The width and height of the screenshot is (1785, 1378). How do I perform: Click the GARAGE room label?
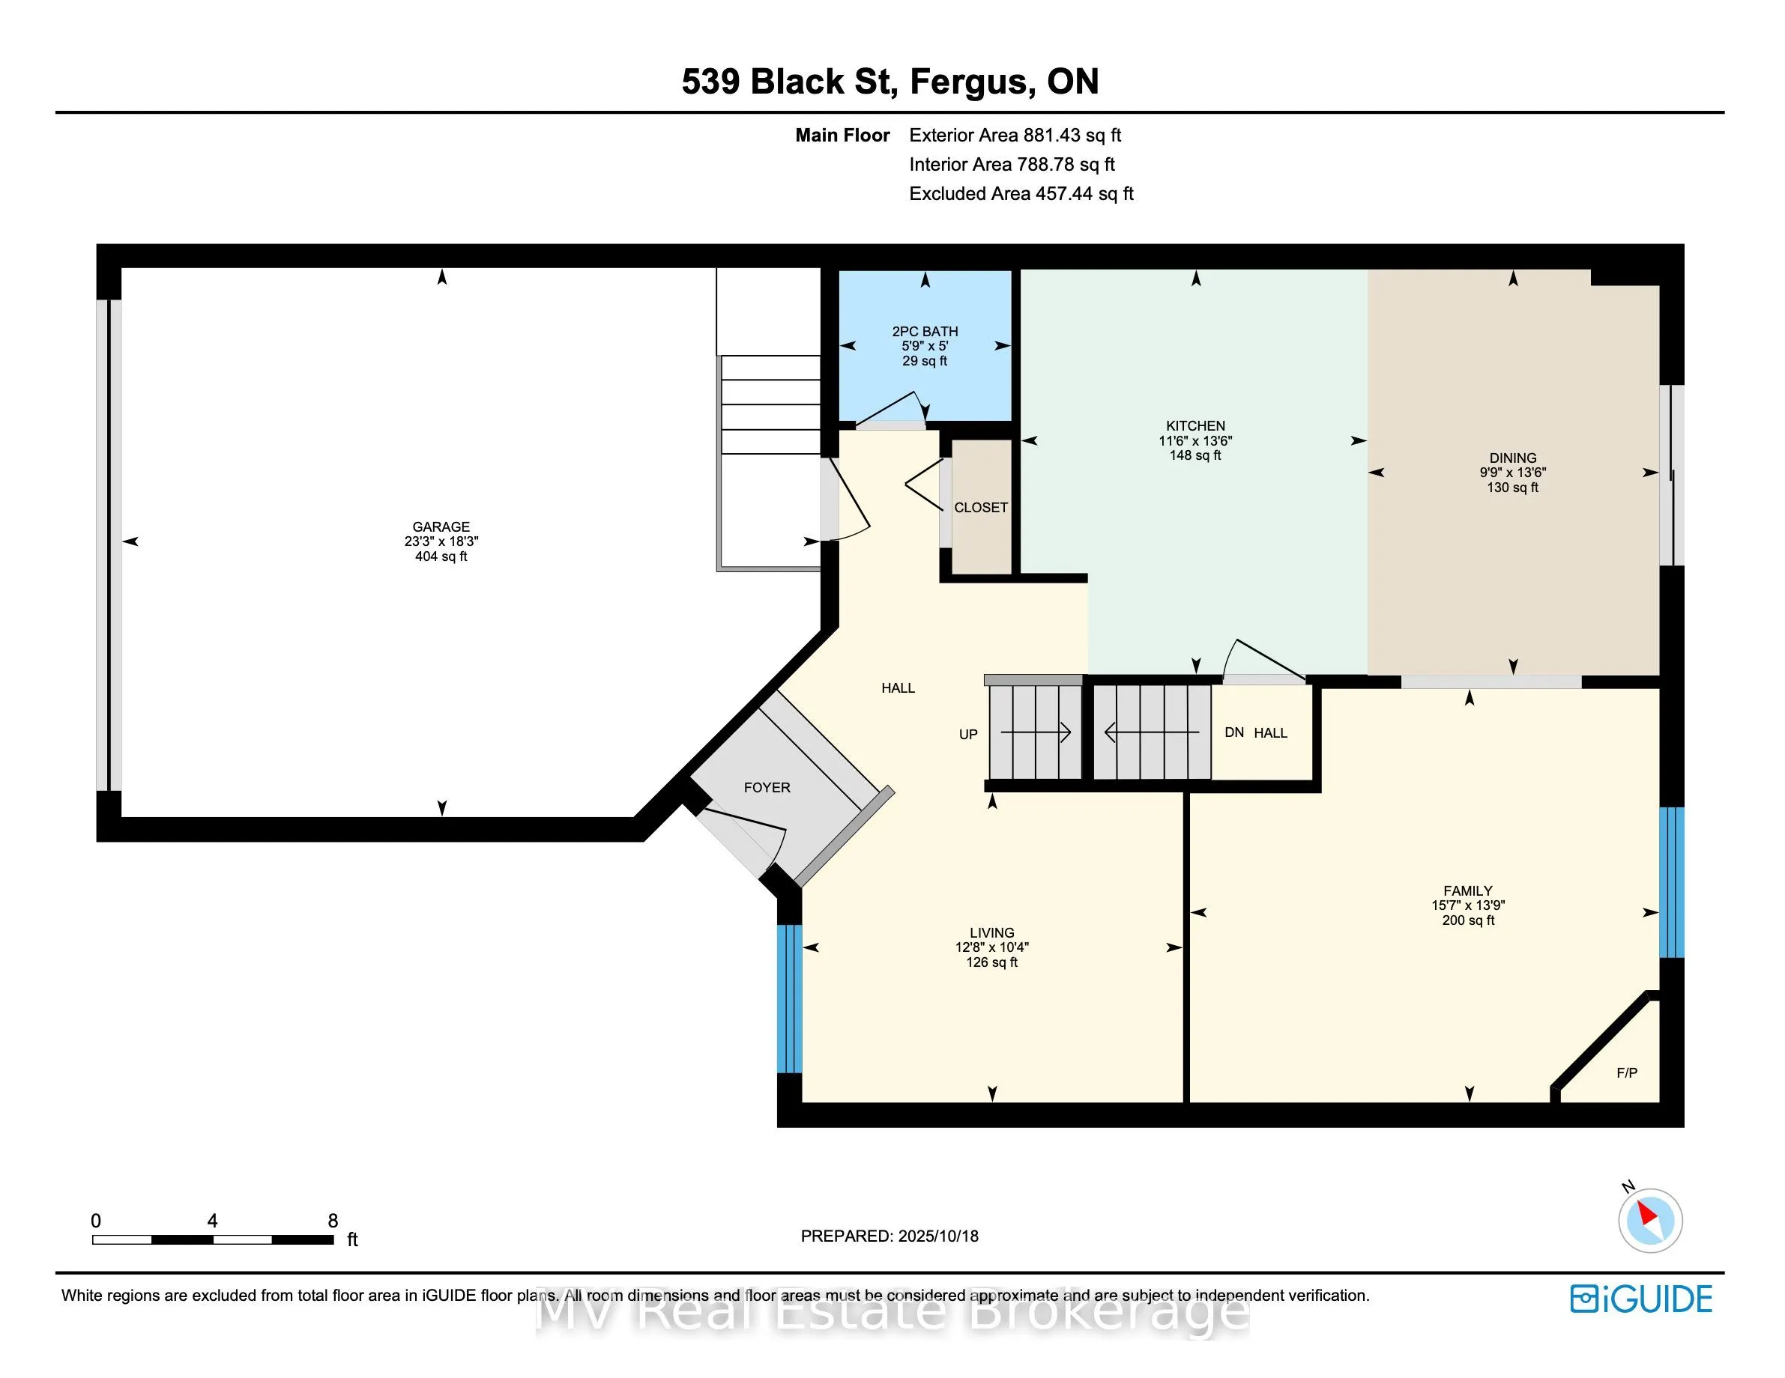coord(441,526)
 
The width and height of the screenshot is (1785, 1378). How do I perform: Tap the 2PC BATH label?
coord(925,331)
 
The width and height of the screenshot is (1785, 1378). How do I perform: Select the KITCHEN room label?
coord(1195,425)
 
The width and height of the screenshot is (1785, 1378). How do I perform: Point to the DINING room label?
coord(1512,458)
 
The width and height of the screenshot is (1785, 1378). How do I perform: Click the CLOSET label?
coord(981,507)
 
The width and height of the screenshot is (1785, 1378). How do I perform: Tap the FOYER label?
coord(767,787)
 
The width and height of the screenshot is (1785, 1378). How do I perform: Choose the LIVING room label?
coord(991,933)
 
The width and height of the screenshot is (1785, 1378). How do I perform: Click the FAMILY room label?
coord(1468,891)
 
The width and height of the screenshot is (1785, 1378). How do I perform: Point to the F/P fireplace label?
coord(1626,1072)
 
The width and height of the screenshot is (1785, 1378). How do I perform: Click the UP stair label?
coord(967,735)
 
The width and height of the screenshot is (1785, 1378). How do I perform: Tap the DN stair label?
coord(1234,732)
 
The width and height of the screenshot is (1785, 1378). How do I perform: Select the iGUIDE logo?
coord(1640,1299)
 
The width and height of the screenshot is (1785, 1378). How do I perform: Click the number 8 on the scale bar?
coord(333,1220)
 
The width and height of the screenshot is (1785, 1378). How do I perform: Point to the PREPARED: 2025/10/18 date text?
coord(890,1236)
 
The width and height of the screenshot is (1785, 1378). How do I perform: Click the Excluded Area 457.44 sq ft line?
coord(1021,193)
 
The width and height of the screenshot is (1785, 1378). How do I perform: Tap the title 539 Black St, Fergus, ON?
coord(890,82)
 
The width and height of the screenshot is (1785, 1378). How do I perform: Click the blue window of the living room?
coord(788,998)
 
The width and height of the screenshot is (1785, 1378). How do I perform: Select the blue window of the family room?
coord(1671,882)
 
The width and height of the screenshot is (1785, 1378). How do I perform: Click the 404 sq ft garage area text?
coord(441,556)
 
